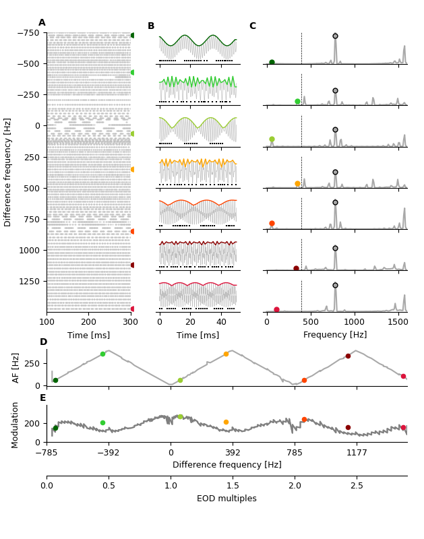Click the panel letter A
42,23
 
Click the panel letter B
151,26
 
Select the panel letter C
253,26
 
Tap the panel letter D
43,342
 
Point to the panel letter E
43,398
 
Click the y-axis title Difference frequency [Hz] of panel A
8,172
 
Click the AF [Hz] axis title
16,367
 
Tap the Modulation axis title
16,424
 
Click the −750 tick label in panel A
28,33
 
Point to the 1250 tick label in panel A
30,281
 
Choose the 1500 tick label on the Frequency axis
398,322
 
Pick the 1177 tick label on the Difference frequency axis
357,453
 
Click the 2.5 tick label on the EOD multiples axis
357,486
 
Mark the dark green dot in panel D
55,380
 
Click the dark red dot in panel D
348,356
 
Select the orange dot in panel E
226,422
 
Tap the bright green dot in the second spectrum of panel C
297,102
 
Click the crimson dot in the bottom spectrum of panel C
276,310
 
